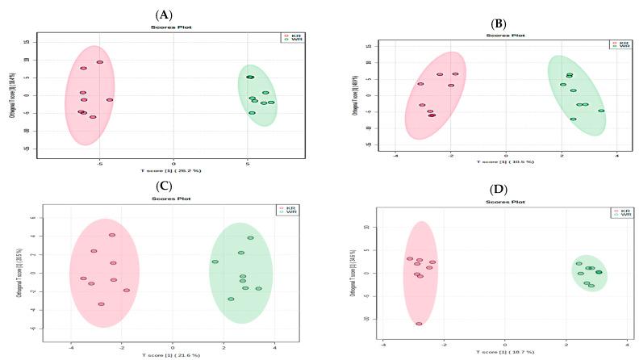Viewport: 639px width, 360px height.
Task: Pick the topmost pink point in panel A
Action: pyautogui.click(x=100, y=62)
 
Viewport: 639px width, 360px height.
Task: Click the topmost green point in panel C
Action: pyautogui.click(x=250, y=238)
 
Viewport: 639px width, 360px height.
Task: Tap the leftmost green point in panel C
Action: pyautogui.click(x=215, y=262)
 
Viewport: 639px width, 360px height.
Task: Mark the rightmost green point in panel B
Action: pyautogui.click(x=601, y=111)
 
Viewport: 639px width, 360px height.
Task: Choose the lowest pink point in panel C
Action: pyautogui.click(x=101, y=304)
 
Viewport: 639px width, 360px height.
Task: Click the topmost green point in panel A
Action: pyautogui.click(x=250, y=77)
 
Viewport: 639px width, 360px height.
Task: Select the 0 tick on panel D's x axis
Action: pyautogui.click(x=506, y=345)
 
